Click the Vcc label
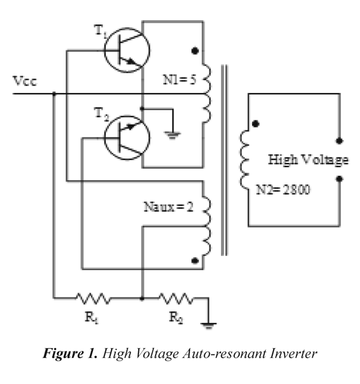[24, 81]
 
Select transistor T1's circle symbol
[104, 50]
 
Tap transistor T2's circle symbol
[104, 138]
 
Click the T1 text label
[100, 32]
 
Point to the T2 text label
[102, 114]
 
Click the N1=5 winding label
[179, 79]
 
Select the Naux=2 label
[168, 207]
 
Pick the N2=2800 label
[283, 189]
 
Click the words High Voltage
[308, 160]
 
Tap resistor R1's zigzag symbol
[94, 298]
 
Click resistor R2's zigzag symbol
[176, 298]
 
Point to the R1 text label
[91, 318]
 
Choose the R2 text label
[176, 318]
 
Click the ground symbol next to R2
[208, 326]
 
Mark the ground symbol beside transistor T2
[173, 135]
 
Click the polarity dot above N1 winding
[195, 51]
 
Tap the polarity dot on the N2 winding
[256, 124]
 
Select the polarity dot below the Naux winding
[195, 261]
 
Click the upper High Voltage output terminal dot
[339, 140]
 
